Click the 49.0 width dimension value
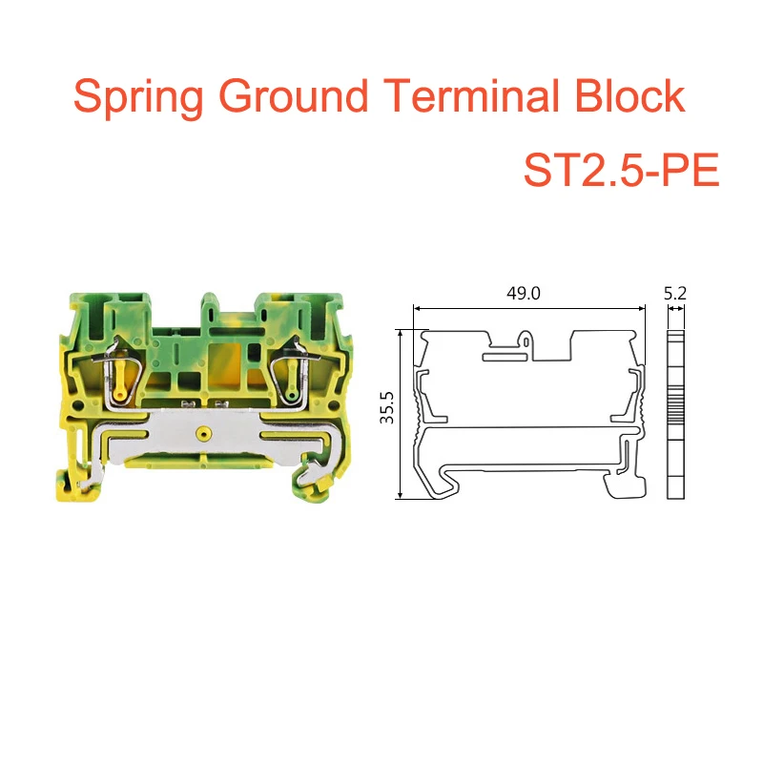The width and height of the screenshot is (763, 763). coord(523,295)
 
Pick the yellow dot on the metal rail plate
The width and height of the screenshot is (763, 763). coord(201,434)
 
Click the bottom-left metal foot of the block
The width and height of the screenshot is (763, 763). coord(89,485)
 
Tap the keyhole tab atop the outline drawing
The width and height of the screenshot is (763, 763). coord(526,339)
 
